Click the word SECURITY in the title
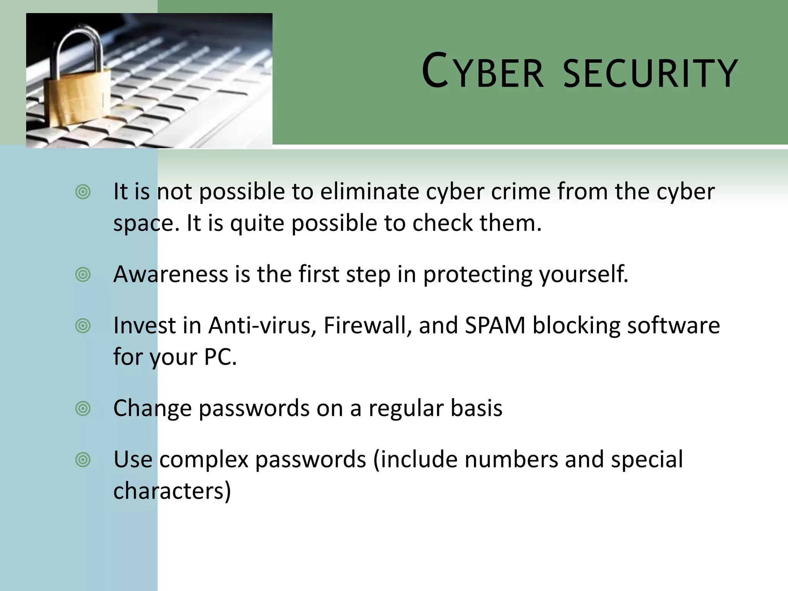(650, 73)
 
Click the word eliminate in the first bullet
(370, 191)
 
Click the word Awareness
(171, 274)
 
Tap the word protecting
(477, 275)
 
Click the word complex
(204, 459)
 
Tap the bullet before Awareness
(83, 275)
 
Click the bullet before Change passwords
(83, 408)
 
